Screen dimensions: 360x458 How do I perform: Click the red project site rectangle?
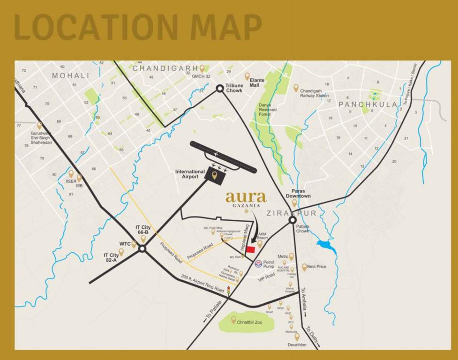point(251,249)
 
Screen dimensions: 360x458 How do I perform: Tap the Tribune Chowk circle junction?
point(219,88)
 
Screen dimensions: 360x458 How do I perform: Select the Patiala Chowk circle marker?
point(293,220)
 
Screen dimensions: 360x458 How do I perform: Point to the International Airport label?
point(190,174)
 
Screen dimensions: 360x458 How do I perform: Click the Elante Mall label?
point(257,82)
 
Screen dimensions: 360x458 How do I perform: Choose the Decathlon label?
point(297,345)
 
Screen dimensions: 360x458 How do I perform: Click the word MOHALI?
point(70,75)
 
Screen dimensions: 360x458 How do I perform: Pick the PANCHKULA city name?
point(368,105)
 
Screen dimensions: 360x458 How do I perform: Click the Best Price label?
point(316,267)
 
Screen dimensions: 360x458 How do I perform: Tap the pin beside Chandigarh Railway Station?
point(296,88)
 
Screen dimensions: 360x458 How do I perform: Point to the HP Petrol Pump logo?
point(257,263)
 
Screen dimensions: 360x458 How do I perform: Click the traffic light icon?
point(228,291)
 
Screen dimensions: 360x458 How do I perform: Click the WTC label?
point(125,244)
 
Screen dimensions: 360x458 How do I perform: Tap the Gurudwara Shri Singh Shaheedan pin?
point(39,126)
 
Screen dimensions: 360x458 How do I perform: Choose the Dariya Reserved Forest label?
point(265,109)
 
